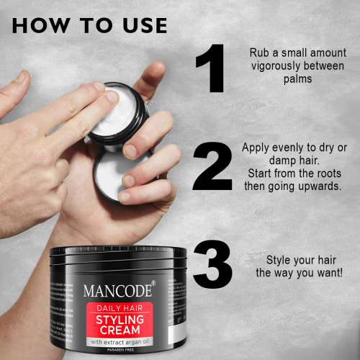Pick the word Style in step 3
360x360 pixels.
point(279,260)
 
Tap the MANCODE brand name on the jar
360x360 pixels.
point(117,292)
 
